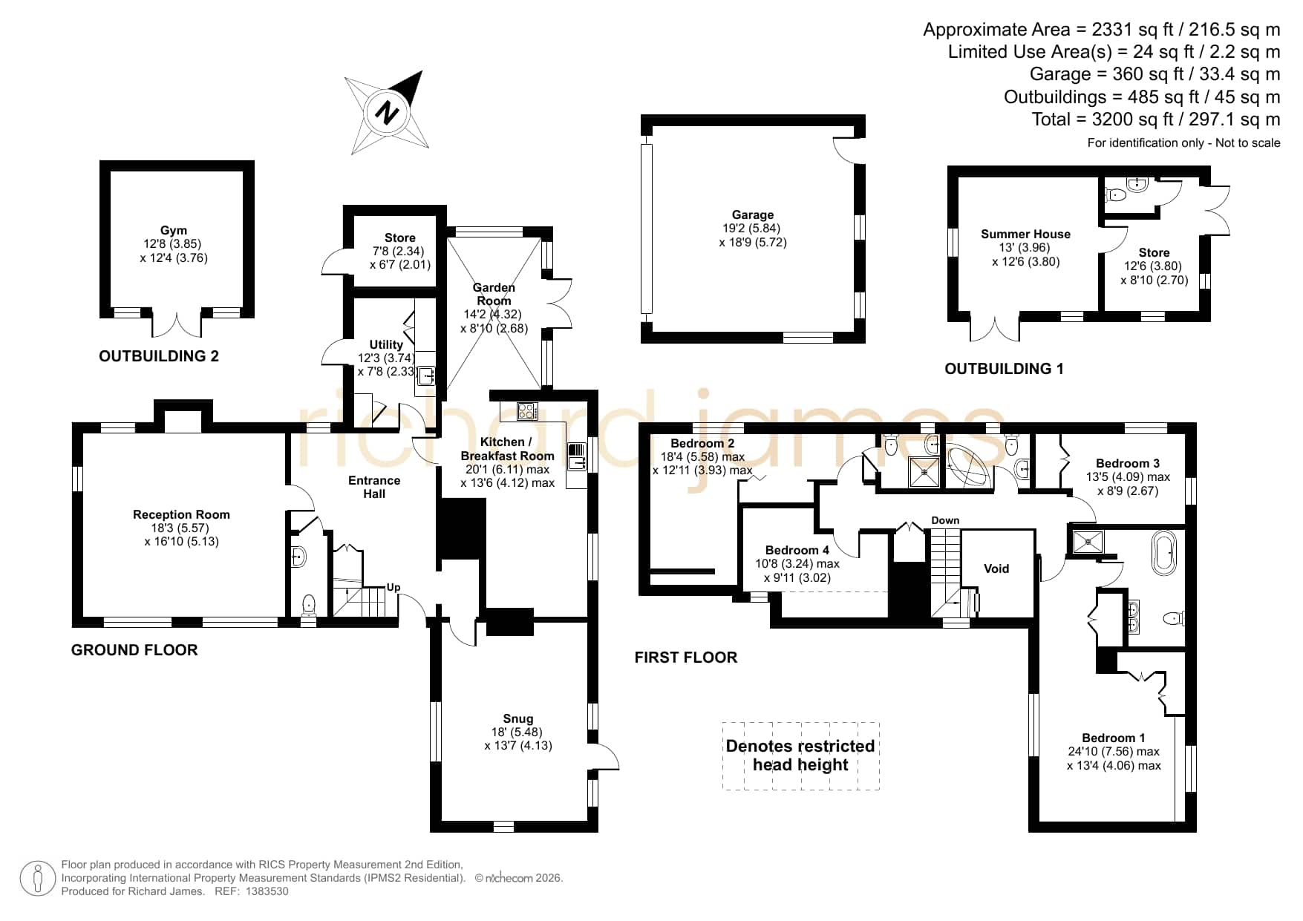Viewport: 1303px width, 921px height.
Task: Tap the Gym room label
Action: pos(174,230)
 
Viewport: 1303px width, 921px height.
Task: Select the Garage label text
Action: pos(753,214)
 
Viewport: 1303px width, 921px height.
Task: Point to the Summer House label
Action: pos(1025,234)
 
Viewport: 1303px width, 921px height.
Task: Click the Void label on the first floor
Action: pos(996,568)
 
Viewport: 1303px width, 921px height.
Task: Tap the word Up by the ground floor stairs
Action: pos(393,587)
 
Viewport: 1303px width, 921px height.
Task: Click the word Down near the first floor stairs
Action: pos(945,520)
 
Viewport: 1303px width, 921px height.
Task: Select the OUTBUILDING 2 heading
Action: pos(159,356)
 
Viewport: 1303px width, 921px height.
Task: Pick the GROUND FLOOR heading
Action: pos(134,650)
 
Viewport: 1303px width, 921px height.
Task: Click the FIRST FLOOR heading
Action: pos(686,658)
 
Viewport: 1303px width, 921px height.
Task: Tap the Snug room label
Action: pos(518,718)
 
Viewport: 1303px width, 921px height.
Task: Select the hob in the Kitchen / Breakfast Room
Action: pos(527,410)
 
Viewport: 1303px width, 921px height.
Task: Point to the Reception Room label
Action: pos(181,514)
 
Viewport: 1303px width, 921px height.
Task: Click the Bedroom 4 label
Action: pos(797,550)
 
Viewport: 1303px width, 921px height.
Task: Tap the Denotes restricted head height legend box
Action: pos(800,756)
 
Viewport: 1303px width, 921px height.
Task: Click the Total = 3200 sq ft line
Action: pos(1156,119)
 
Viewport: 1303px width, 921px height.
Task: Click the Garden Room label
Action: pos(494,294)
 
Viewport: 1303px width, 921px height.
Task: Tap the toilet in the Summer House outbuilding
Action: pos(1114,195)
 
